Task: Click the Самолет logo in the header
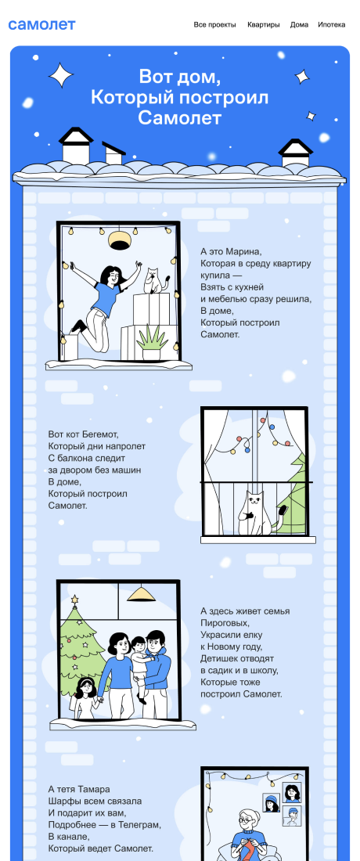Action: pos(41,25)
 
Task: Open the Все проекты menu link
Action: pos(215,25)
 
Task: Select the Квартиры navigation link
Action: pos(264,25)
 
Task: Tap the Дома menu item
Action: pos(299,25)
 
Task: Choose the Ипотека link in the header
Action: pos(332,25)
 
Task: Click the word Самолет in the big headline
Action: pos(179,118)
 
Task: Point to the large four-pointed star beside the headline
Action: pos(61,75)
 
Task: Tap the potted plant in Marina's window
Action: pos(152,341)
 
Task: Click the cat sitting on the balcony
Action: pos(257,513)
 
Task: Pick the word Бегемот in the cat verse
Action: pos(99,434)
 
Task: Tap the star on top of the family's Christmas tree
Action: pos(74,599)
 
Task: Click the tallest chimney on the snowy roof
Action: pos(76,145)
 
